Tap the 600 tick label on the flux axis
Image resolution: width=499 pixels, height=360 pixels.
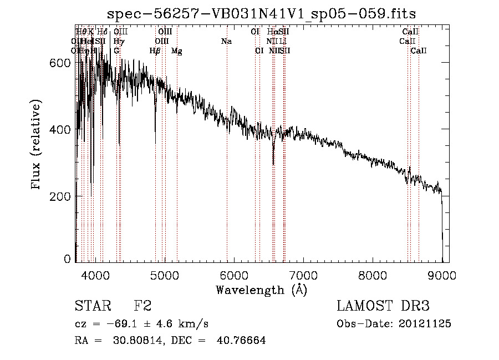60,63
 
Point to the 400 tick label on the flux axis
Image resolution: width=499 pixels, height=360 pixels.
60,130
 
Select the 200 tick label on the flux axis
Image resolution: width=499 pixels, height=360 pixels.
60,196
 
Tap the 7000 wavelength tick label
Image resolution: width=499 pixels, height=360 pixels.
303,276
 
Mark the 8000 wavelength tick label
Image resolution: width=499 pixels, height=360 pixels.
373,276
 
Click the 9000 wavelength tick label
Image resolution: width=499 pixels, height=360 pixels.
442,276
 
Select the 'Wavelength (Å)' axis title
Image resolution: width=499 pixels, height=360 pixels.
261,290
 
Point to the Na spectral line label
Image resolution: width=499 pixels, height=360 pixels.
226,42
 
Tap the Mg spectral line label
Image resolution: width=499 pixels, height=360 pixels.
177,51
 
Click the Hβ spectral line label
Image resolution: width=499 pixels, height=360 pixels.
155,51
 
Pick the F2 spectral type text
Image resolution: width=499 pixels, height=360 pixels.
142,306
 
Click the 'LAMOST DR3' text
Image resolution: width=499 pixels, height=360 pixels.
383,306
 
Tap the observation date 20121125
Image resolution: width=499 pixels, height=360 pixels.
425,324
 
